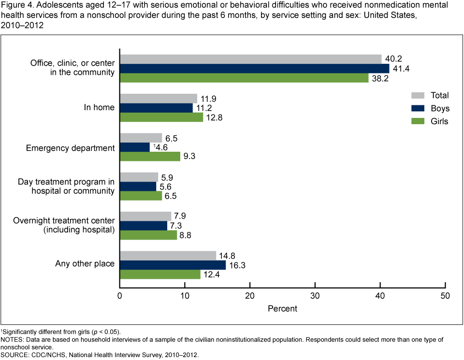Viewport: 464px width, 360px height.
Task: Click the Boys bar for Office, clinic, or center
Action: [x=254, y=68]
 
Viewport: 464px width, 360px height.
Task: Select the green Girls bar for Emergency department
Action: [x=150, y=156]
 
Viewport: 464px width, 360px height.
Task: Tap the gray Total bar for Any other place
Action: [x=168, y=255]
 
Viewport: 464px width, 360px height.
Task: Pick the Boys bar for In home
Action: [x=156, y=108]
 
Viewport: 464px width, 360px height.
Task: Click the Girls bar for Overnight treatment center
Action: [x=148, y=235]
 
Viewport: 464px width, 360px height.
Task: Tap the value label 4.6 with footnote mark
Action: [x=160, y=147]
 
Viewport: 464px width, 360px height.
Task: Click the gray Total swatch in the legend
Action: [x=418, y=95]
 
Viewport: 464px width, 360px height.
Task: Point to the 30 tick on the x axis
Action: [x=315, y=296]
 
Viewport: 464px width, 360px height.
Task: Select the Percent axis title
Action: [x=283, y=308]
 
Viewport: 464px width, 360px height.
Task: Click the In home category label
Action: [x=99, y=107]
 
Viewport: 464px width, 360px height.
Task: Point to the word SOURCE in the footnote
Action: [x=15, y=355]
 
